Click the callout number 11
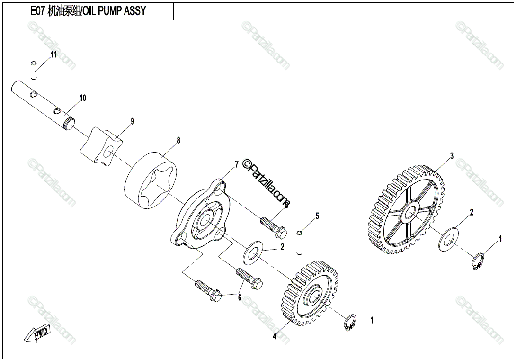click(53, 54)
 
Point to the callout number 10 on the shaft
click(83, 98)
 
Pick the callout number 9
click(133, 121)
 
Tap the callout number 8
click(178, 140)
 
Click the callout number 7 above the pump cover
click(236, 164)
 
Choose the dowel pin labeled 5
click(300, 241)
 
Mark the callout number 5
click(317, 216)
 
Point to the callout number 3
click(452, 155)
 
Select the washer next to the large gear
click(448, 239)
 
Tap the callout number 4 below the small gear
click(275, 337)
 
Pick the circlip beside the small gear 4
click(350, 324)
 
